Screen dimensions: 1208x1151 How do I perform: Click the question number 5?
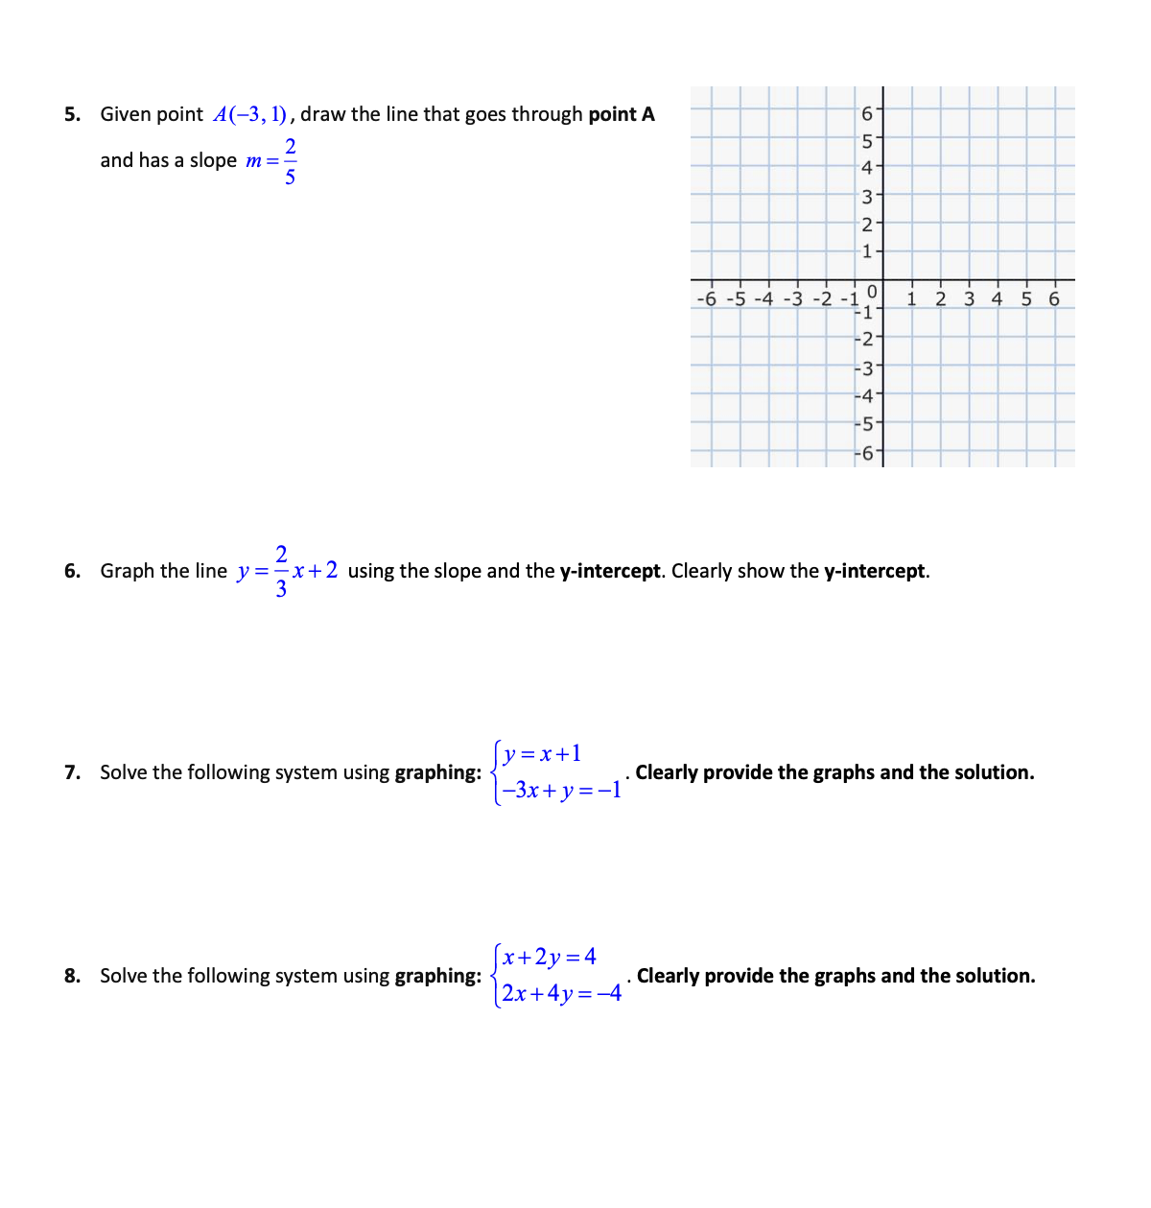[x=72, y=115]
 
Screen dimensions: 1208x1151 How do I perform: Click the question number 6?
[x=72, y=572]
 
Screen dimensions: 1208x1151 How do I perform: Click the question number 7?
[x=72, y=773]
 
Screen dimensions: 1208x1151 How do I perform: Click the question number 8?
[x=72, y=977]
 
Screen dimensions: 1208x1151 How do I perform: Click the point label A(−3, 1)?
[x=250, y=115]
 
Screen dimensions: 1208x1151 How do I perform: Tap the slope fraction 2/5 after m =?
[x=290, y=161]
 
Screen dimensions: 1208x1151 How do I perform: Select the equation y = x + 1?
[x=542, y=754]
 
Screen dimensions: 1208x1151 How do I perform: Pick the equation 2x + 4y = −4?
[x=561, y=994]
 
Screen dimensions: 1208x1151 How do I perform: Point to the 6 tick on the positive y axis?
[x=867, y=114]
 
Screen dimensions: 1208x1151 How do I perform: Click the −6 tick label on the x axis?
[x=707, y=298]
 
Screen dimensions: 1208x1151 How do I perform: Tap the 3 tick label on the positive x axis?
[x=969, y=298]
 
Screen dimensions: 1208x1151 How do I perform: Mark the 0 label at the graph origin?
[x=871, y=291]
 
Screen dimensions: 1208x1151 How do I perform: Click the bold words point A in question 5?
[x=622, y=115]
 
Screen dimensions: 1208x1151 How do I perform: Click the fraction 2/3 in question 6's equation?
[x=281, y=572]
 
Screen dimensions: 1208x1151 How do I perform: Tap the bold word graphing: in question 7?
[x=438, y=773]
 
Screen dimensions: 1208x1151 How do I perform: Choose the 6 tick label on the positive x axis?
[x=1054, y=298]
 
